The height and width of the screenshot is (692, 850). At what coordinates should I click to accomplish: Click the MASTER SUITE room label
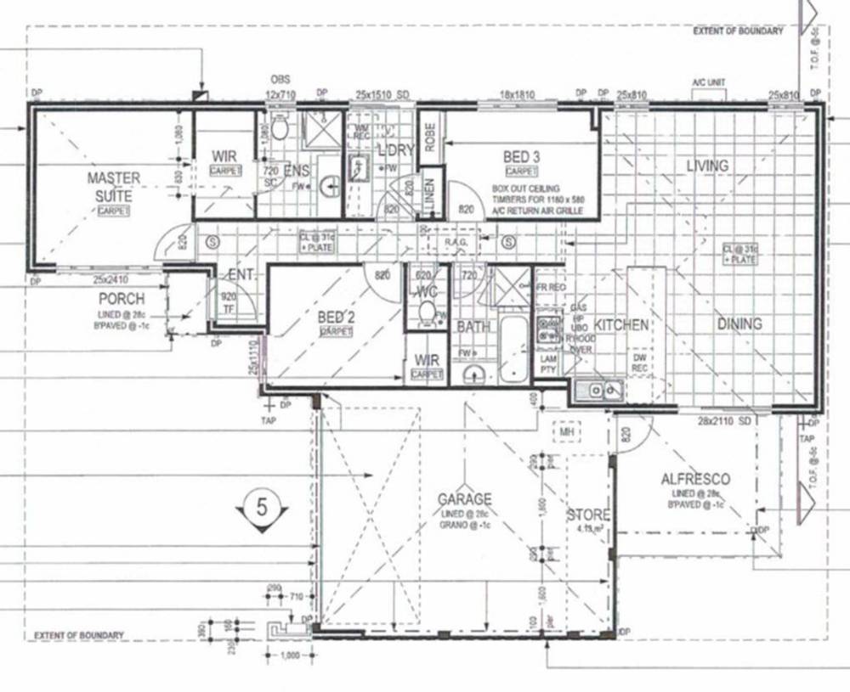tap(113, 187)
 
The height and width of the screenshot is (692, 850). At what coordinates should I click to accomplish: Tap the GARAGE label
tap(465, 499)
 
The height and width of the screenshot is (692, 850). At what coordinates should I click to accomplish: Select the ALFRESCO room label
tap(695, 480)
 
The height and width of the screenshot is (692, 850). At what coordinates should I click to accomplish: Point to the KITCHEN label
tap(622, 325)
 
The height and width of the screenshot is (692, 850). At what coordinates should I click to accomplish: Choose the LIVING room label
tap(707, 166)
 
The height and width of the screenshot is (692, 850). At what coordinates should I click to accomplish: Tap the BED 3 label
tap(522, 157)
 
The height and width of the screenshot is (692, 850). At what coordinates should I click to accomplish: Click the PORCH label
tap(122, 299)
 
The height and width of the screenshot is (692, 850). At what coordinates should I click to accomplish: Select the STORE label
tap(588, 515)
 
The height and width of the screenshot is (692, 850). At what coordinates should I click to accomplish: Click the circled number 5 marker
tap(262, 508)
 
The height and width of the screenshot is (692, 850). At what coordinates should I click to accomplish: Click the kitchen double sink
tap(598, 391)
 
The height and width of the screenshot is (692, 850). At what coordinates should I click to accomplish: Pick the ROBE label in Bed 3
tap(429, 138)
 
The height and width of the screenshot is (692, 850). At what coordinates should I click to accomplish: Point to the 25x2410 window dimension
tap(110, 279)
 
